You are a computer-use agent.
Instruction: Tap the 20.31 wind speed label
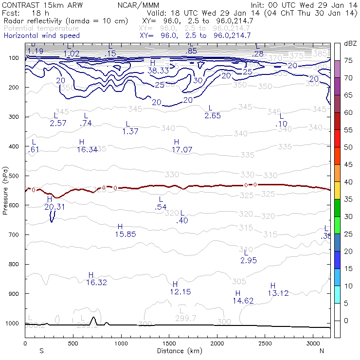[54, 207]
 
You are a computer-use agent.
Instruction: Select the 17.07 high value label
[182, 150]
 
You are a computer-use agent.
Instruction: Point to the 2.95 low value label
[248, 261]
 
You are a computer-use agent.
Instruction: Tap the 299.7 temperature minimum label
[186, 318]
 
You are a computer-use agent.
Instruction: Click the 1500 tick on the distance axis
[169, 343]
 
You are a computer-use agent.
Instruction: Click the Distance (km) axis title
[178, 351]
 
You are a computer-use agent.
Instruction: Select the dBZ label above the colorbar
[350, 44]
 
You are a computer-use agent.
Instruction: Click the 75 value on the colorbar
[348, 60]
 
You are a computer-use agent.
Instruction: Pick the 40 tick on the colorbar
[348, 181]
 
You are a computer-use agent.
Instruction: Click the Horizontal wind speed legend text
[41, 36]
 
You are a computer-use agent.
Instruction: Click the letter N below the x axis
[322, 351]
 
